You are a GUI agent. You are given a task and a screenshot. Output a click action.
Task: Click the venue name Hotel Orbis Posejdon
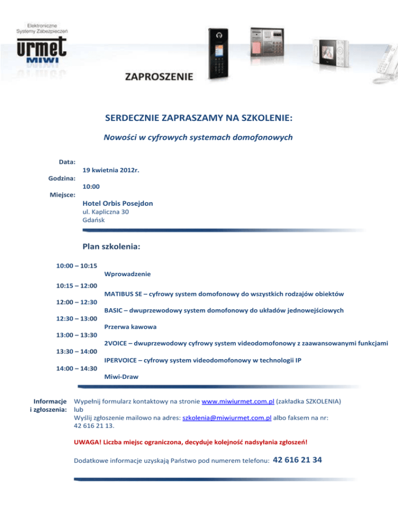coord(118,204)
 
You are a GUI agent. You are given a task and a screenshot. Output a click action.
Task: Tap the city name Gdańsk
coord(93,220)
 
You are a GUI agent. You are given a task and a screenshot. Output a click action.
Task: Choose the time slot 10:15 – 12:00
coord(77,285)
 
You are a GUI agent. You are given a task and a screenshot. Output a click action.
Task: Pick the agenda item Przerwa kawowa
coord(131,327)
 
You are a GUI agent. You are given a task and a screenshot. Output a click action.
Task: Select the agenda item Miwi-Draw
coord(121,377)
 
